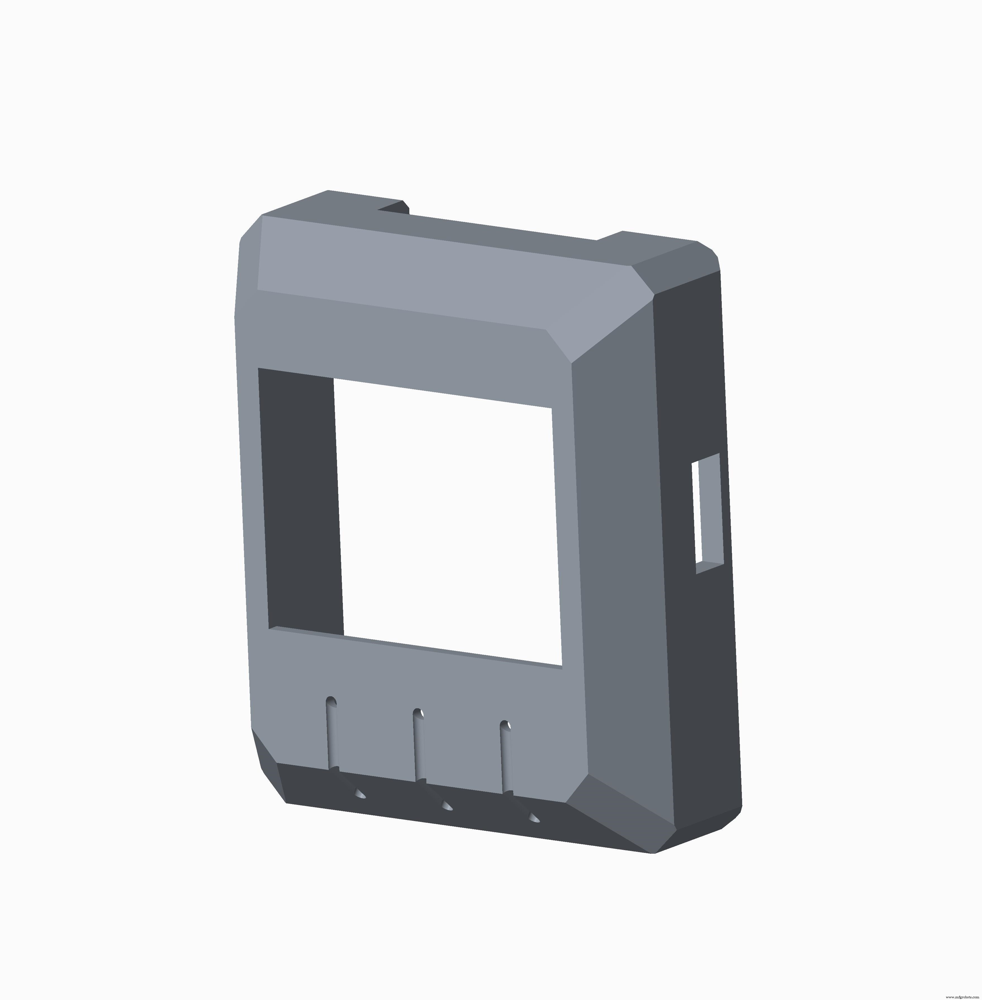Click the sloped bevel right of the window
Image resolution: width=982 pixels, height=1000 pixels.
click(619, 567)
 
